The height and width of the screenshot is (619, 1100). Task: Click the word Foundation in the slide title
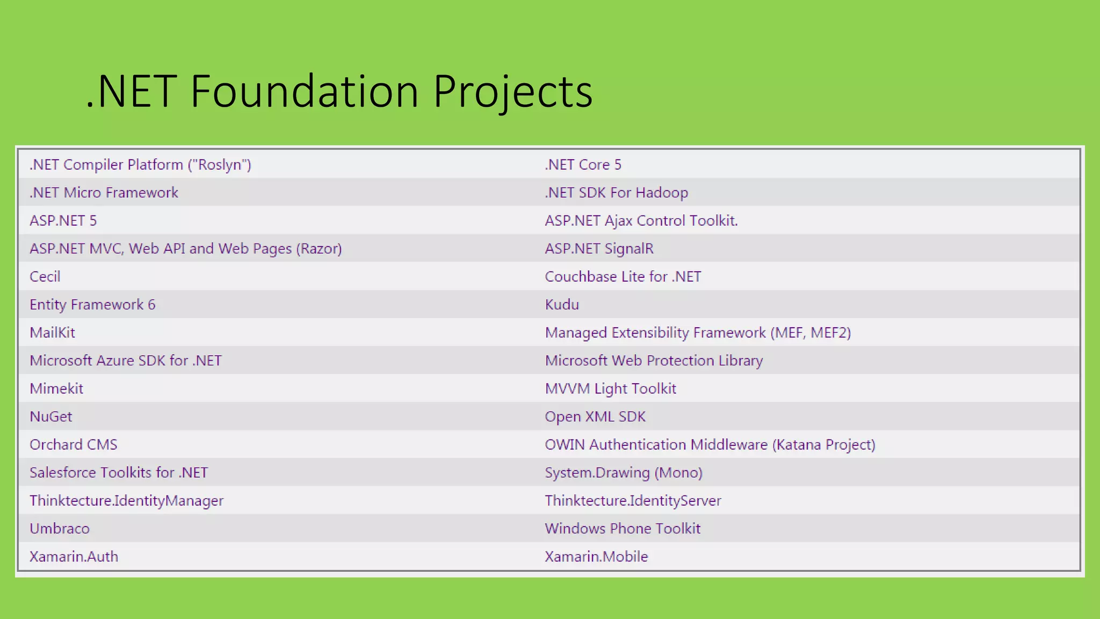coord(304,91)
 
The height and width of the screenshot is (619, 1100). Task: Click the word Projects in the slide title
coord(512,91)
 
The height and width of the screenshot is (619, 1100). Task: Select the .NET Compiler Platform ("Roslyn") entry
coord(140,164)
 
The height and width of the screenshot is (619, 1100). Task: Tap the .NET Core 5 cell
coord(583,164)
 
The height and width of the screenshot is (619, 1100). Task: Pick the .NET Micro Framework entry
coord(104,192)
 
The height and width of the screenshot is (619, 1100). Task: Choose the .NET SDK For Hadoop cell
coord(616,192)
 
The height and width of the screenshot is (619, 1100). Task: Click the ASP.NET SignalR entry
coord(599,248)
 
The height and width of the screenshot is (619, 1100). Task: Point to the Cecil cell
coord(45,277)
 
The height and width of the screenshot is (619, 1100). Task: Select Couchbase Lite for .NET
coord(623,277)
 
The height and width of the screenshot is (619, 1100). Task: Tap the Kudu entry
coord(562,305)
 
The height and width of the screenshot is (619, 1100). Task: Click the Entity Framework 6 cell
coord(92,305)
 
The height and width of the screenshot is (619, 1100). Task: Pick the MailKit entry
coord(52,333)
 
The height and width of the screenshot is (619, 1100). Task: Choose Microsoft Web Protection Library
coord(654,361)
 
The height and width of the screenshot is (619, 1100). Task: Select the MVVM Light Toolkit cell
coord(610,388)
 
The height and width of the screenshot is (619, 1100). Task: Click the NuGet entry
coord(50,416)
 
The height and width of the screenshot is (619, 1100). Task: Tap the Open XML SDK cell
coord(595,416)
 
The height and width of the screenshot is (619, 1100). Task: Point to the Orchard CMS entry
coord(73,444)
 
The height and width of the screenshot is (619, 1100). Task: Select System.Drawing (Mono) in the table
coord(624,472)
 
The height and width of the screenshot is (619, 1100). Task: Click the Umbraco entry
coord(59,528)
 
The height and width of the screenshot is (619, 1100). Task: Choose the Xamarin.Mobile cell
coord(596,556)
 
